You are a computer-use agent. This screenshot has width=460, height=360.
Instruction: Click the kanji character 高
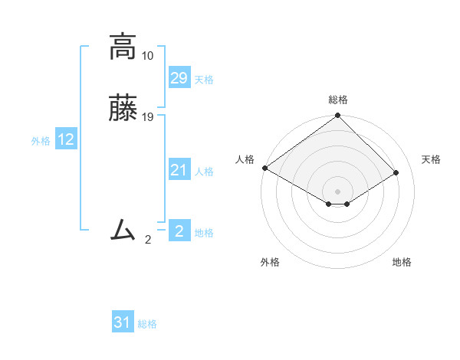pyautogui.click(x=123, y=47)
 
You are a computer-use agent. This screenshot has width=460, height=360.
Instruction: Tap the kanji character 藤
pyautogui.click(x=123, y=108)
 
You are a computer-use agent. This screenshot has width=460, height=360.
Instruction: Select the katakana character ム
pyautogui.click(x=123, y=229)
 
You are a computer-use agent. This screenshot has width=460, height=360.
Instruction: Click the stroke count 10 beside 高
pyautogui.click(x=147, y=57)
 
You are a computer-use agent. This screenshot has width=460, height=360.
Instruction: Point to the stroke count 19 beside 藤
pyautogui.click(x=147, y=117)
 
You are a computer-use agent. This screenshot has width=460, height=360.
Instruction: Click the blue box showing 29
pyautogui.click(x=179, y=78)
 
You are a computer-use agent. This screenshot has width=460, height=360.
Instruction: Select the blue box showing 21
pyautogui.click(x=179, y=170)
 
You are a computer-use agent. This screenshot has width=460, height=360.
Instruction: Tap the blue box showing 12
pyautogui.click(x=66, y=139)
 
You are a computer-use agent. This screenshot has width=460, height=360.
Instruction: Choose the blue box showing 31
pyautogui.click(x=123, y=322)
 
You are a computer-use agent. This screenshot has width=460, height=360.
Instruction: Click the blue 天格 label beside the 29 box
pyautogui.click(x=204, y=80)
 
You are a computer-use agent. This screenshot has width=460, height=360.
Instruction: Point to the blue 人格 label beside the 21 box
pyautogui.click(x=204, y=172)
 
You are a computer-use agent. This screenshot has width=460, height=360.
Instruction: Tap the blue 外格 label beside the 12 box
pyautogui.click(x=41, y=141)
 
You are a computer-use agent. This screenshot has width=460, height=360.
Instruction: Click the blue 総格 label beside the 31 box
pyautogui.click(x=147, y=324)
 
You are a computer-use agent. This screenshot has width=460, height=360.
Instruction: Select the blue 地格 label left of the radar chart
pyautogui.click(x=204, y=233)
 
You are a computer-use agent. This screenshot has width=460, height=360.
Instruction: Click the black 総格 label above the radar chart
pyautogui.click(x=338, y=100)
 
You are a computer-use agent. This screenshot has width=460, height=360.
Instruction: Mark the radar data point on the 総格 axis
pyautogui.click(x=338, y=116)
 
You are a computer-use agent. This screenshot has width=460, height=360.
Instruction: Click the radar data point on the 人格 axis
pyautogui.click(x=264, y=168)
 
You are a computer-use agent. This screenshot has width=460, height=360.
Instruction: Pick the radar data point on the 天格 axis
pyautogui.click(x=396, y=173)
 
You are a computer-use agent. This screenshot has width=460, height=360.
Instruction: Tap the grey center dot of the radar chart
pyautogui.click(x=338, y=191)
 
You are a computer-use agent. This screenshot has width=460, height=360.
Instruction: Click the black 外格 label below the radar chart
pyautogui.click(x=270, y=263)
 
